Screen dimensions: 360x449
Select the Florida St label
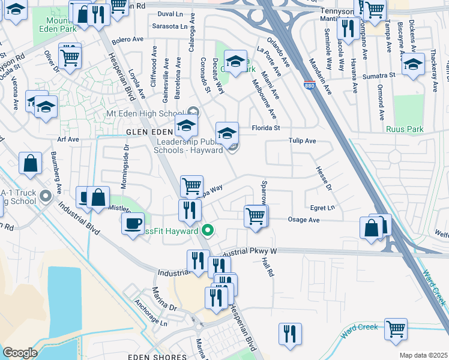(266, 128)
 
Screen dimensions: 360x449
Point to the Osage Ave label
(305, 220)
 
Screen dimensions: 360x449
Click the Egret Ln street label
(322, 208)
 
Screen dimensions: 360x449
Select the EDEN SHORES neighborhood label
(155, 356)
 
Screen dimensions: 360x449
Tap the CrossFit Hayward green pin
(208, 230)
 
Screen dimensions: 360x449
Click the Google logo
(19, 353)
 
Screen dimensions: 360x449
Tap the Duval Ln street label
(170, 14)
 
